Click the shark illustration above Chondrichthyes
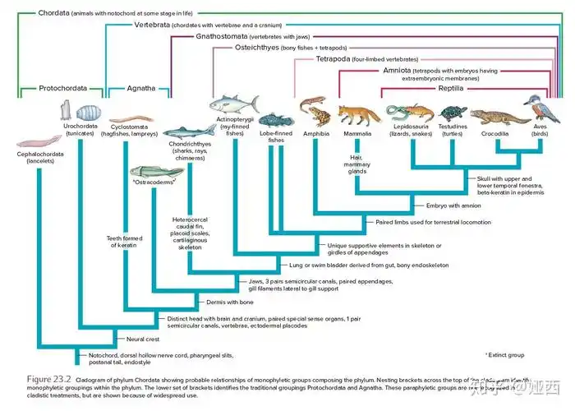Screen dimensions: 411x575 click(x=186, y=130)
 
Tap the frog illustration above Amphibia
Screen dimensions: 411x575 click(x=315, y=110)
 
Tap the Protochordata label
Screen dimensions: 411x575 click(x=62, y=87)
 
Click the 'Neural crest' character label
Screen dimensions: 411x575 click(x=137, y=339)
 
